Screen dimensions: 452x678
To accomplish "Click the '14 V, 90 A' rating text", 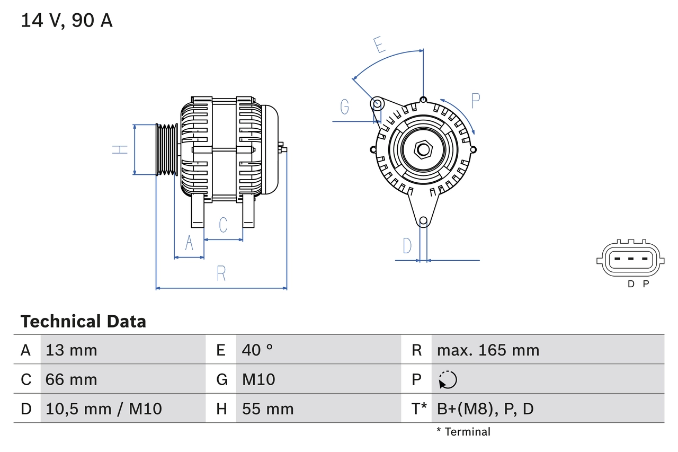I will (x=67, y=21).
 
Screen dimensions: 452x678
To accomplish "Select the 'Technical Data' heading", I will (x=83, y=321).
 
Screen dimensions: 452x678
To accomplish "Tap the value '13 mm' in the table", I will (x=72, y=350).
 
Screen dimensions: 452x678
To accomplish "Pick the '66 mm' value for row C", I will (x=72, y=379).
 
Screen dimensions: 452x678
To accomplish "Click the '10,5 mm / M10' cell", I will (x=104, y=409).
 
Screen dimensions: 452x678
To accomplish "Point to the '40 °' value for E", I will (x=257, y=350).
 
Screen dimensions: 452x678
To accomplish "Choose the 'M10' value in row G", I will (x=258, y=379).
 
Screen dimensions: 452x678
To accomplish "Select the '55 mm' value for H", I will (x=267, y=409).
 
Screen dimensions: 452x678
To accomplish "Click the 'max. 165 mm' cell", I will (x=488, y=350).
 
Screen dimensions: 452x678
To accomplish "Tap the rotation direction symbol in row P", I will (x=448, y=379).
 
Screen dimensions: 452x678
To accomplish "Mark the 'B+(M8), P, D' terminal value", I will (x=485, y=409).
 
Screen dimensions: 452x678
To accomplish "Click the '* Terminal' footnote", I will (x=463, y=431).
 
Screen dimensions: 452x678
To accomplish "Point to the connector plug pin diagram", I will (x=629, y=260).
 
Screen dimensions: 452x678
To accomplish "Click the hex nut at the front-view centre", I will (x=423, y=149).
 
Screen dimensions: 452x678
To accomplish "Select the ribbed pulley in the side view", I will (x=167, y=149).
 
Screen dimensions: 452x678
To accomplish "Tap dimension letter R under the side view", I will (x=221, y=273).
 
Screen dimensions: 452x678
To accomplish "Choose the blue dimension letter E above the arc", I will (x=379, y=45).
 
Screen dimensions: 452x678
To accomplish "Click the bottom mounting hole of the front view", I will (x=423, y=221).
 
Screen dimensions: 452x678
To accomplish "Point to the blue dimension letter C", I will (x=223, y=225).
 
